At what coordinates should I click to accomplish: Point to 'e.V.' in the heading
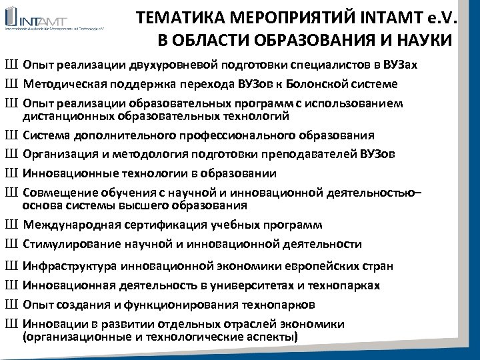click(441, 18)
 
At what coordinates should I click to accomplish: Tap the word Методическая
click(63, 84)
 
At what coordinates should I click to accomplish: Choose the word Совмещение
click(58, 193)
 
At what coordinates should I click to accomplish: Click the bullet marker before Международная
click(11, 225)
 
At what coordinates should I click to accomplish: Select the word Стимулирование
click(68, 244)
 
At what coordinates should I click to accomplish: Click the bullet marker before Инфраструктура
click(11, 266)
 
